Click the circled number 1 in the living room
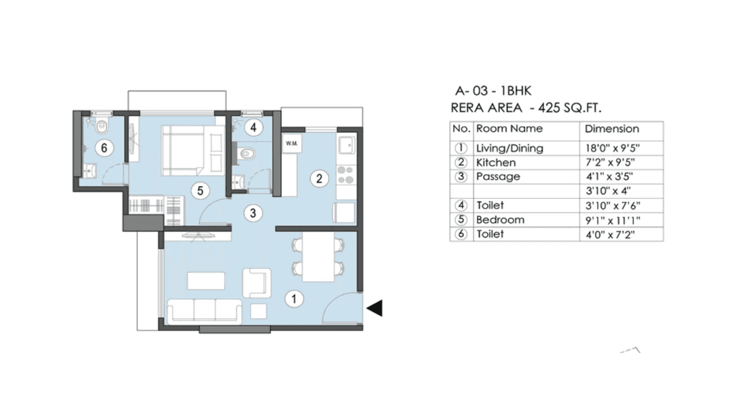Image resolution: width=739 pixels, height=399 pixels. pyautogui.click(x=294, y=299)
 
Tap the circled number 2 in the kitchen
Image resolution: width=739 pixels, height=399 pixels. pyautogui.click(x=318, y=178)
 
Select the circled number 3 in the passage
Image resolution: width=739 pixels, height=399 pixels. pyautogui.click(x=252, y=214)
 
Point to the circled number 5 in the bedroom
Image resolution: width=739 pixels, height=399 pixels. pyautogui.click(x=199, y=191)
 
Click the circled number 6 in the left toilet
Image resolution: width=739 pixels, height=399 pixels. pyautogui.click(x=104, y=148)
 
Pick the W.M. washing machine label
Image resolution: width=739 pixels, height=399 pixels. pyautogui.click(x=291, y=143)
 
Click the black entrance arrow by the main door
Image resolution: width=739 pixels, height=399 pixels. pyautogui.click(x=375, y=308)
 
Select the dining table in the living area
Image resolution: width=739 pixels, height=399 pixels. pyautogui.click(x=319, y=256)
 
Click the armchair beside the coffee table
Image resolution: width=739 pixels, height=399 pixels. pyautogui.click(x=256, y=282)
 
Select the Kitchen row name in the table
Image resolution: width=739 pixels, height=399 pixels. pyautogui.click(x=495, y=162)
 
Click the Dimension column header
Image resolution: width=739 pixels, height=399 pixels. pyautogui.click(x=612, y=129)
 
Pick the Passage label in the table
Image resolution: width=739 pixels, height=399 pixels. pyautogui.click(x=498, y=177)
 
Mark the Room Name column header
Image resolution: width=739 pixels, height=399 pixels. pyautogui.click(x=509, y=129)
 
